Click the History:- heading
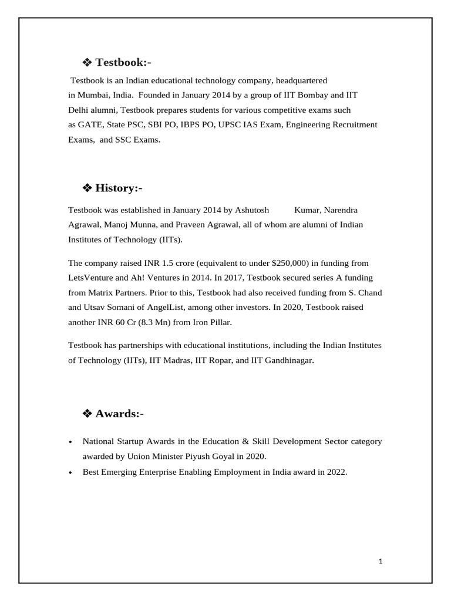click(x=119, y=188)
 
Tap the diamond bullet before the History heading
click(x=87, y=188)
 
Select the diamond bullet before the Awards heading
click(x=87, y=414)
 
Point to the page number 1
click(x=381, y=561)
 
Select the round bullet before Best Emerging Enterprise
click(x=70, y=472)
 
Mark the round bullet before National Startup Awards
click(x=70, y=442)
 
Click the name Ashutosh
click(x=252, y=210)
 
